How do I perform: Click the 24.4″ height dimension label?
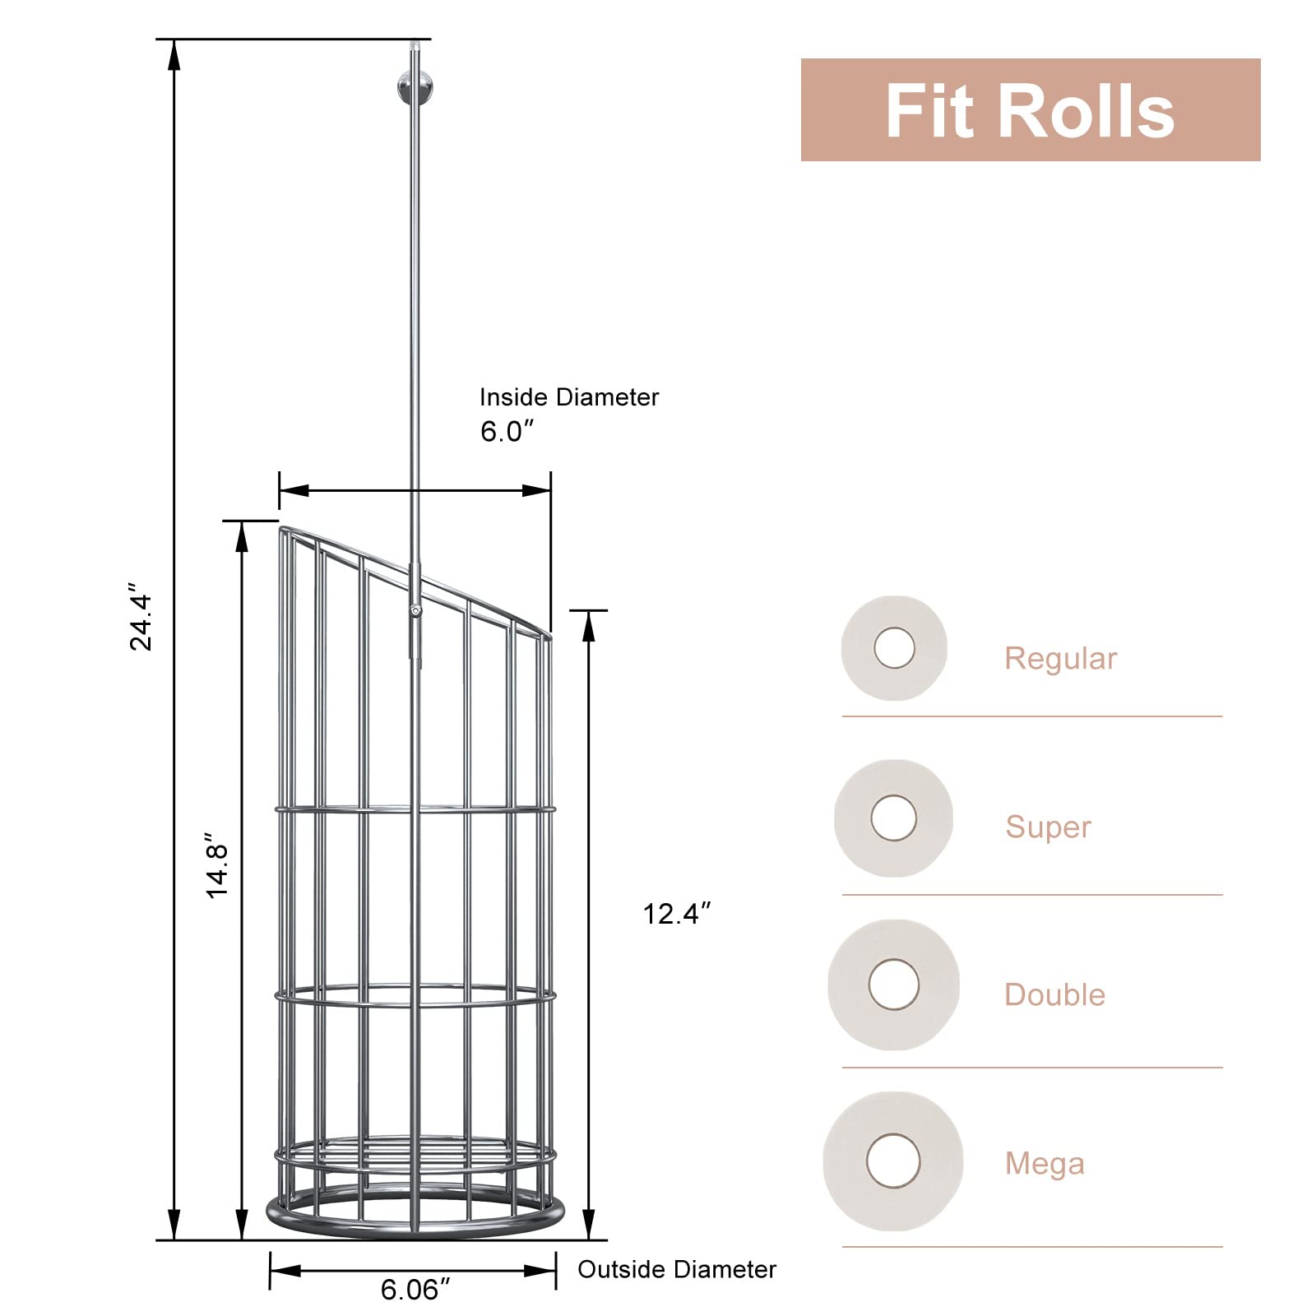[x=141, y=617]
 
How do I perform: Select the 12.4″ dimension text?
[x=676, y=914]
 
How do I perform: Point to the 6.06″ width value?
[x=415, y=1290]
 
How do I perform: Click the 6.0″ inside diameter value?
[x=507, y=431]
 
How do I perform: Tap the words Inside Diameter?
[x=569, y=397]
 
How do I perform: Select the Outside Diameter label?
[x=676, y=1269]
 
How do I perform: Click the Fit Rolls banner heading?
[x=1030, y=111]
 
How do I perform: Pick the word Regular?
[x=1060, y=659]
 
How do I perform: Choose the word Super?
[x=1048, y=827]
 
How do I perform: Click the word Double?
[x=1054, y=995]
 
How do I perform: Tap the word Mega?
[x=1045, y=1164]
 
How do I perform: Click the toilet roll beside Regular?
[x=894, y=648]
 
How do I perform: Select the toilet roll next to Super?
[x=893, y=818]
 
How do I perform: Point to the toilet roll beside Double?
[x=893, y=985]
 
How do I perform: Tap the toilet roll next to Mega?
[x=893, y=1161]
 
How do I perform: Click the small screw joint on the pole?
[x=416, y=610]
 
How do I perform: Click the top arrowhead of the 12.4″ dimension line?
[x=588, y=625]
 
